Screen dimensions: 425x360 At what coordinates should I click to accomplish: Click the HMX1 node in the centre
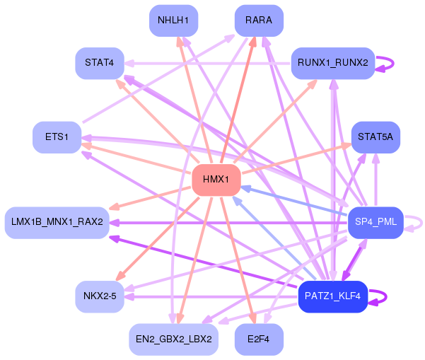[216, 180]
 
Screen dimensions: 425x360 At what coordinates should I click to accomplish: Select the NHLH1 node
[173, 21]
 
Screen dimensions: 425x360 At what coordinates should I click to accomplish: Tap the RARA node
[259, 21]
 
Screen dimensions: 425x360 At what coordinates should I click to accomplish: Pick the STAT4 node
[100, 63]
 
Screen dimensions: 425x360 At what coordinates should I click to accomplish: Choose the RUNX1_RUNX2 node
[333, 63]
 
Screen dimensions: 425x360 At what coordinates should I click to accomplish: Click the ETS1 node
[57, 137]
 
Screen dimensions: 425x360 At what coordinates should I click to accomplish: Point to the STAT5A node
[375, 137]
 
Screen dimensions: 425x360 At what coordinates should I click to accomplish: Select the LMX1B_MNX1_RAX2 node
[57, 223]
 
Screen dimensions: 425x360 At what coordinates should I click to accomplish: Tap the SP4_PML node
[375, 223]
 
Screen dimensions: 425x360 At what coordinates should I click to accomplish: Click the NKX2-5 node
[100, 296]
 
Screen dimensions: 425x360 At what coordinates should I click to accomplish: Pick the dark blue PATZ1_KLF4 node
[333, 296]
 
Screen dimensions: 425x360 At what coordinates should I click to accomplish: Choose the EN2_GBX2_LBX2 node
[173, 339]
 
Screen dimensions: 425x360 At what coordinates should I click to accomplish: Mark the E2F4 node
[259, 339]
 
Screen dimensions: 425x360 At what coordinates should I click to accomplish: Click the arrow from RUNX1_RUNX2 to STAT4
[208, 64]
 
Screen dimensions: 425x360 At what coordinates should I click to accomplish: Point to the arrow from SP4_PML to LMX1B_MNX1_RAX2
[228, 223]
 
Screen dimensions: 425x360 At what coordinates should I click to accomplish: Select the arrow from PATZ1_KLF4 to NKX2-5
[211, 297]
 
